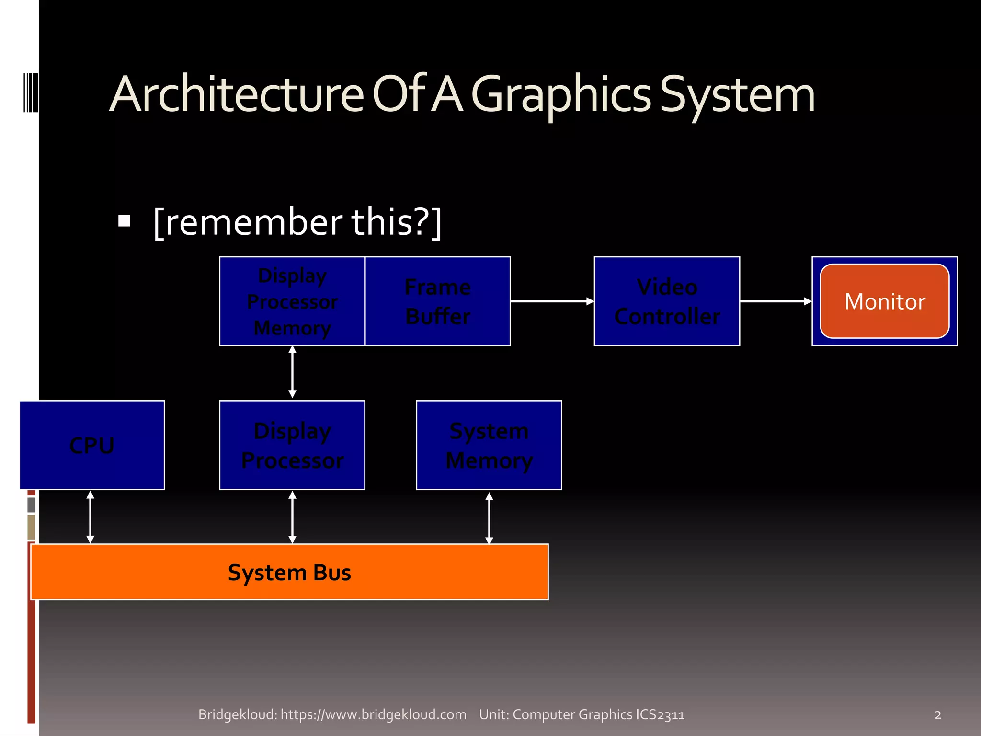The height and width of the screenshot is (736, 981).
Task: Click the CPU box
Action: pos(92,445)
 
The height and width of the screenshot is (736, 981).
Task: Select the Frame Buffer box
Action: pos(437,301)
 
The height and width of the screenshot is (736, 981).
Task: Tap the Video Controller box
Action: pos(667,301)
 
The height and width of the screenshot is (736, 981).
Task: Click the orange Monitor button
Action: pos(884,301)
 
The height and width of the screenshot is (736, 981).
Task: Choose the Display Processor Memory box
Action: pos(292,301)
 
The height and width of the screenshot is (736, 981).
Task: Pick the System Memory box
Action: pos(489,445)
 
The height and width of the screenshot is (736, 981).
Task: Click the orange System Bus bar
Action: pos(289,572)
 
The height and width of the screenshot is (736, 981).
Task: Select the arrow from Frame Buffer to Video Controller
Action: pos(552,301)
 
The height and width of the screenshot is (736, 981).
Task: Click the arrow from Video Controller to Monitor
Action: pos(776,301)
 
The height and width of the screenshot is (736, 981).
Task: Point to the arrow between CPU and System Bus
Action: pos(90,517)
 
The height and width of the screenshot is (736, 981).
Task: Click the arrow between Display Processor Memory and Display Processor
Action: pos(292,372)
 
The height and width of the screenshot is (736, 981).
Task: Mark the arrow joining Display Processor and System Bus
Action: pos(292,517)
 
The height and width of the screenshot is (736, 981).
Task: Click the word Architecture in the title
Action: pos(237,94)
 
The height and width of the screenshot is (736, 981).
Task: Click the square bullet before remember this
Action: pos(125,221)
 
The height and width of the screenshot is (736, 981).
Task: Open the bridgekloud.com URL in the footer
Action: pos(373,714)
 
